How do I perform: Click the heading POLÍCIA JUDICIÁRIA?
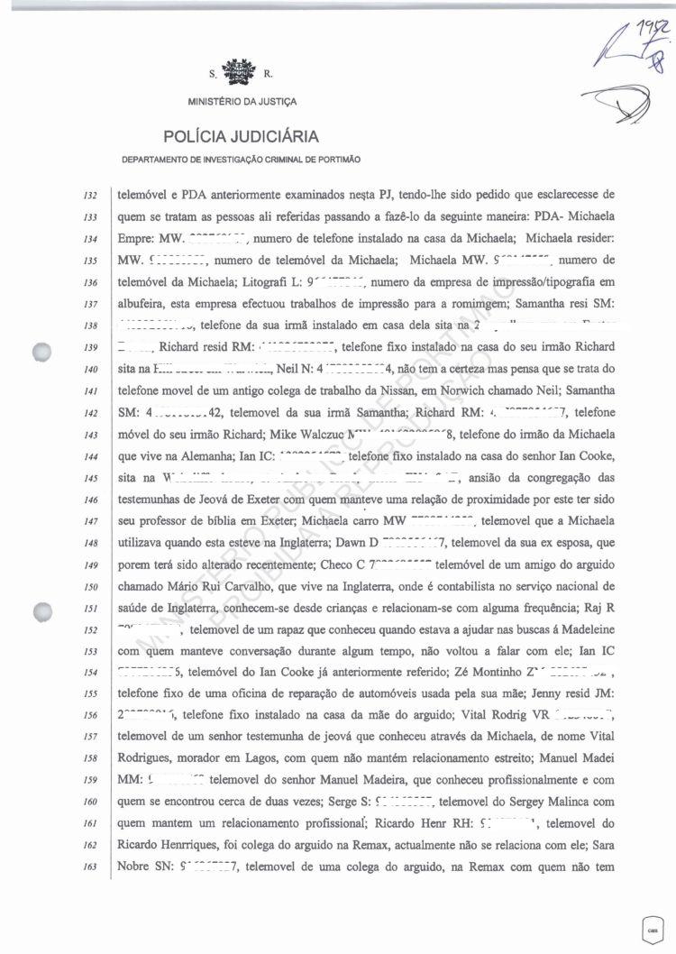(241, 137)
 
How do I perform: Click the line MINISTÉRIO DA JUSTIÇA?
(241, 101)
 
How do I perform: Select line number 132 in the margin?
(89, 195)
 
